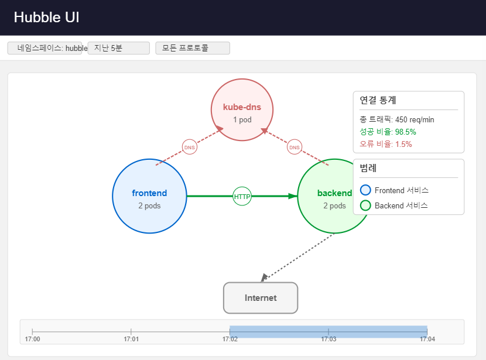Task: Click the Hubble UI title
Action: [x=46, y=18]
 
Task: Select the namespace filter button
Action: [x=47, y=48]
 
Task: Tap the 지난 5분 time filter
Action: [x=118, y=48]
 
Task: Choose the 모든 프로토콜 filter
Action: [x=193, y=48]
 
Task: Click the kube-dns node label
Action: [x=242, y=107]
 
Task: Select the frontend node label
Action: [x=149, y=193]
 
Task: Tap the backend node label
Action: [x=334, y=193]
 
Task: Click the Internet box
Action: [x=261, y=298]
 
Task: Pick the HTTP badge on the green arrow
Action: [x=242, y=197]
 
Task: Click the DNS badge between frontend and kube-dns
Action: [x=189, y=148]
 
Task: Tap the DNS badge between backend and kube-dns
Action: [x=295, y=148]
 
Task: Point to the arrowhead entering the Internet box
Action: [x=264, y=277]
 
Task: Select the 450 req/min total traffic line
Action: [x=397, y=119]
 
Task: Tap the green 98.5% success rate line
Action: [x=388, y=132]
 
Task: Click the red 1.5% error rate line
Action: [x=386, y=144]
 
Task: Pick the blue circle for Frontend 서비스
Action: [x=365, y=190]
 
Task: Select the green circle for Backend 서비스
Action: [x=365, y=205]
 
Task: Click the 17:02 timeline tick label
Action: [x=230, y=338]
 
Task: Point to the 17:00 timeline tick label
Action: [x=33, y=338]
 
